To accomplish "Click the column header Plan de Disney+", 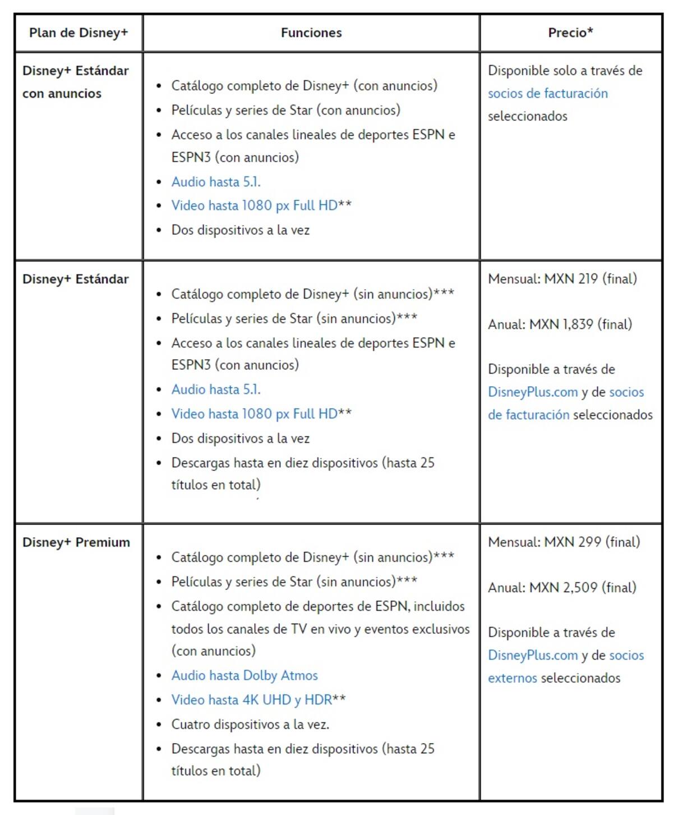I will (79, 33).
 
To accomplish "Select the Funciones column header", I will (311, 33).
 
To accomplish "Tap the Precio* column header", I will (570, 33).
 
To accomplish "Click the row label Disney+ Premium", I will (76, 542).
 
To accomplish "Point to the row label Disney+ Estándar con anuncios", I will (75, 82).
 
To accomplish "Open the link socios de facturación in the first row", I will (547, 93).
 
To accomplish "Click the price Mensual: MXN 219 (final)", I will (562, 279).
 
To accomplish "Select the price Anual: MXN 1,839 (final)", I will (560, 324).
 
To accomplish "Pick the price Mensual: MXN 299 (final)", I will (564, 542).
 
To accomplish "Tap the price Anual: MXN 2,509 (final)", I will (562, 588).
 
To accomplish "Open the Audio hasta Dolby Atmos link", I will (245, 675).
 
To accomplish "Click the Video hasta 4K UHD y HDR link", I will (252, 700).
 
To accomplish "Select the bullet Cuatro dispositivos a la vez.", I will (250, 724).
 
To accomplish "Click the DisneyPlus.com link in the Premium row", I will (532, 656).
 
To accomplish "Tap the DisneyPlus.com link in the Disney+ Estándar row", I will (532, 392).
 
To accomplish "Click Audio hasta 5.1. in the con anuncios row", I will (216, 182).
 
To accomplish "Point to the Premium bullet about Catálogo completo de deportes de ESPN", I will (318, 606).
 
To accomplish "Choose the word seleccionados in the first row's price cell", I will (527, 116).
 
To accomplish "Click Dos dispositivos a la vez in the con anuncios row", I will (240, 230).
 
